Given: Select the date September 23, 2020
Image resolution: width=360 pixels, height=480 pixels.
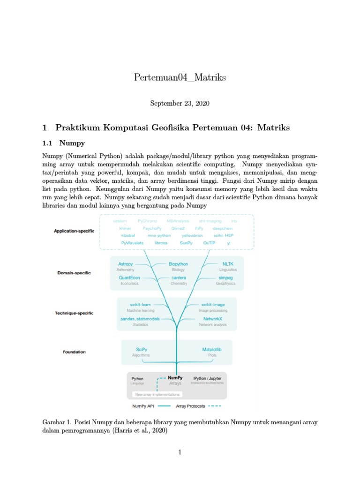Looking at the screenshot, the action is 180,103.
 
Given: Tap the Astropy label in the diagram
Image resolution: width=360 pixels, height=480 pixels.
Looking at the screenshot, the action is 126,264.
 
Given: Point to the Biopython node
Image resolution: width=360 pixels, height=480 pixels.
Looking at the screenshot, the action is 179,264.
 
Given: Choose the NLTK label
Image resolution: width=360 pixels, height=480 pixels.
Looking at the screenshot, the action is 227,264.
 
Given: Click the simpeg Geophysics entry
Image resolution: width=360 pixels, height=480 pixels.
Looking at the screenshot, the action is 225,278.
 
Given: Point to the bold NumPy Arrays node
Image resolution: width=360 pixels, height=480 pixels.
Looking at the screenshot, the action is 175,377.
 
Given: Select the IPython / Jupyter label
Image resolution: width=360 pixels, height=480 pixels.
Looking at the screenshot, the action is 208,378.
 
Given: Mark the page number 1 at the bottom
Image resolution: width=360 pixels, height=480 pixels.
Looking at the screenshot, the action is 180,452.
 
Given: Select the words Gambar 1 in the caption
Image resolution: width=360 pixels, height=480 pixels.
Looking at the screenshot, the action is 55,422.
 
